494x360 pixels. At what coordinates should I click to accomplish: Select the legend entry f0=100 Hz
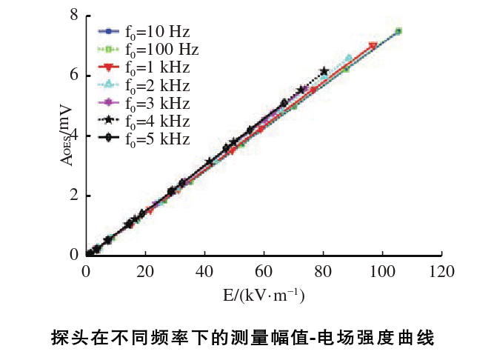click(144, 50)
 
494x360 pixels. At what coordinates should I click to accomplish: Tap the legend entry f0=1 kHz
click(144, 67)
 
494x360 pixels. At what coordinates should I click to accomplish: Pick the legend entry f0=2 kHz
click(144, 85)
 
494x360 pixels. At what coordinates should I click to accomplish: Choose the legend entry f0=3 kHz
click(144, 103)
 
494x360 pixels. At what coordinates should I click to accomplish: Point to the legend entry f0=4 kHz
click(144, 121)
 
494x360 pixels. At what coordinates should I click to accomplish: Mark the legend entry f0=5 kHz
click(144, 139)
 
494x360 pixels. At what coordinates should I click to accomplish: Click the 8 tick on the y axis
click(74, 16)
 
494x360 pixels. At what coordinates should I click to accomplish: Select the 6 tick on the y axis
click(74, 76)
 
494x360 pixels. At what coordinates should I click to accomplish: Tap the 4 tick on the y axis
click(74, 136)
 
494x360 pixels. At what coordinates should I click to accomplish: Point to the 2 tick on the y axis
click(74, 196)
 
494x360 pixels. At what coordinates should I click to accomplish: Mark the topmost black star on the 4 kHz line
click(324, 72)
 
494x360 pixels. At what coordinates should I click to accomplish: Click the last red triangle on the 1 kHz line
click(373, 47)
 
